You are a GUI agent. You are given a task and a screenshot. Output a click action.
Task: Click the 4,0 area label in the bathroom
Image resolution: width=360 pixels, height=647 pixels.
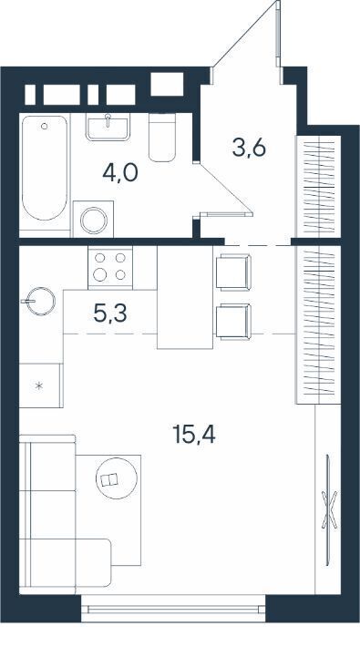point(120,173)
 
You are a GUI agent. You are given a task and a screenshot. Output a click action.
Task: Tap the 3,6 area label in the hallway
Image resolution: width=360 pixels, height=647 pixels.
point(249,149)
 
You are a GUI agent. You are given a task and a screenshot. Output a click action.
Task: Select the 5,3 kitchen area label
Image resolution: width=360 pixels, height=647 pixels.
point(110,313)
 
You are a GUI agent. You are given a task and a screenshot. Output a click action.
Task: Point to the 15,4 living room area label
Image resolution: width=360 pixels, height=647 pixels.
point(194,434)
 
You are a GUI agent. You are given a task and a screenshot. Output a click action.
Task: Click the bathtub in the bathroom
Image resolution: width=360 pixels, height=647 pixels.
point(45,168)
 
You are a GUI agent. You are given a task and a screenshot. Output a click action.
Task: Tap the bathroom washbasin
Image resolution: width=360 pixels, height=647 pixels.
point(108,127)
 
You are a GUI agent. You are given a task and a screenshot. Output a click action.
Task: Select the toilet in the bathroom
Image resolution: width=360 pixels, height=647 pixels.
point(162,138)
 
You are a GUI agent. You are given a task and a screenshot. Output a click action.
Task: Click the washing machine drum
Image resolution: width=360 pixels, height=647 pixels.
point(94,221)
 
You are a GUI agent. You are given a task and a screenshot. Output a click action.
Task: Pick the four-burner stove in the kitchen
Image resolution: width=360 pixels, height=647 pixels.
point(110,267)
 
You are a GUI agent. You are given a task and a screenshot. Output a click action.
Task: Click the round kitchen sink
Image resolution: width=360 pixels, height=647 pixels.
point(40,302)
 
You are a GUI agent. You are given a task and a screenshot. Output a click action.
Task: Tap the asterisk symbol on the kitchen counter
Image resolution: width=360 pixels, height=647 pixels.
point(39,386)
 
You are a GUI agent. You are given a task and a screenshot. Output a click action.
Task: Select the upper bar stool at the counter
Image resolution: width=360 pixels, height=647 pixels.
point(233,272)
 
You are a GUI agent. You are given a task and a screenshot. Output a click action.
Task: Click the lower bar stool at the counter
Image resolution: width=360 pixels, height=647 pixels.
point(233,322)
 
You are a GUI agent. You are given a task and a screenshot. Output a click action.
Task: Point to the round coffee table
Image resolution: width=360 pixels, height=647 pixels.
point(117,478)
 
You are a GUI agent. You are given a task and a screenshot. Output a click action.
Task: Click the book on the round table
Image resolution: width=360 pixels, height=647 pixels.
point(109,480)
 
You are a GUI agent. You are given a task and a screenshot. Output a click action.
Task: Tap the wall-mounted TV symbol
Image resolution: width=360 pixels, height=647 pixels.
point(329,510)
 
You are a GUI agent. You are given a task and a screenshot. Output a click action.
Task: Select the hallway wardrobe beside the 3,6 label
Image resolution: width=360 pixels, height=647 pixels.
point(318,187)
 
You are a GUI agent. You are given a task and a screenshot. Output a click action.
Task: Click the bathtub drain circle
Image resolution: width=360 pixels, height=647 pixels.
point(44,127)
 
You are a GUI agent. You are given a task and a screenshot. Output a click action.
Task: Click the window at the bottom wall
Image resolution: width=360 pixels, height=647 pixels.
point(173,609)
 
